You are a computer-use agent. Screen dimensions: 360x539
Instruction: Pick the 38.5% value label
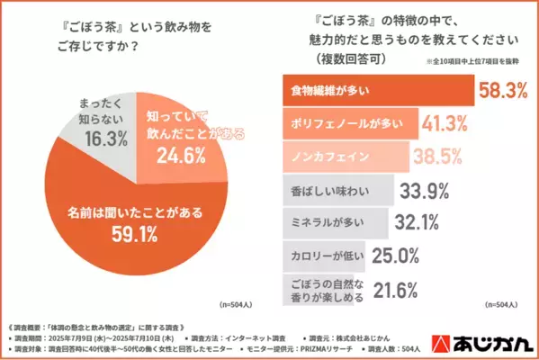tap(436, 157)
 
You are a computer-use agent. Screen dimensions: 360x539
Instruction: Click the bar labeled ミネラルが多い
tap(328, 221)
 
